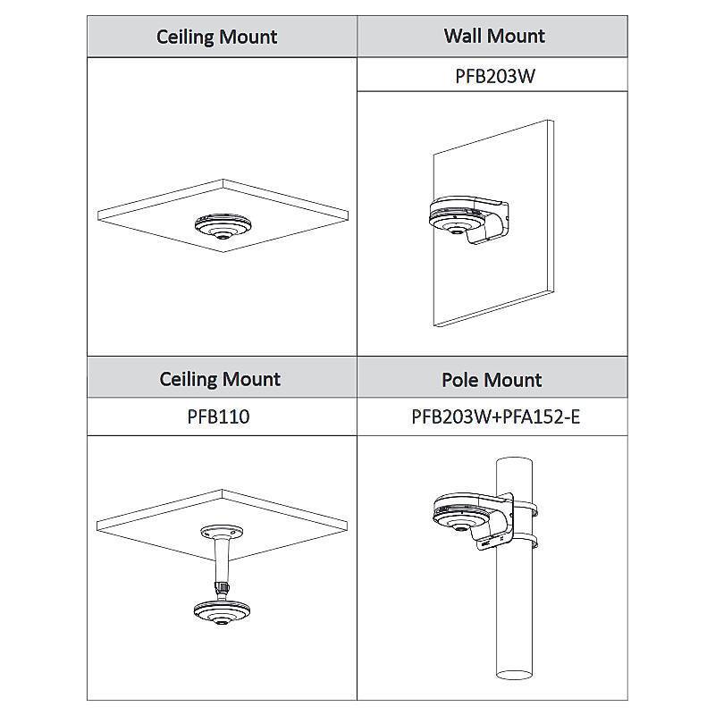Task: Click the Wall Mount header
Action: coord(494,36)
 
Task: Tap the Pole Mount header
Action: coord(492,380)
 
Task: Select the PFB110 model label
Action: coord(218,416)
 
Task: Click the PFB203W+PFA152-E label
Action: coord(496,416)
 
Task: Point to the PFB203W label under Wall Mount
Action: coord(495,76)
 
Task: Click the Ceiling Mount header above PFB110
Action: coord(220,379)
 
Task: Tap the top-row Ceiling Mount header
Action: coord(216,37)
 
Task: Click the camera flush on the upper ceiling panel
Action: coord(223,227)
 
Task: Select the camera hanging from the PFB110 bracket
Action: coord(222,612)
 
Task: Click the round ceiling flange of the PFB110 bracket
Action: coord(222,532)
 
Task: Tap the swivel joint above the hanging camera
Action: coord(222,587)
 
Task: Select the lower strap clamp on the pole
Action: coord(525,542)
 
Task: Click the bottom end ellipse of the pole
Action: coord(514,675)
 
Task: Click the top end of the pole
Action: coord(514,461)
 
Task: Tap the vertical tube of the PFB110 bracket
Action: coord(222,560)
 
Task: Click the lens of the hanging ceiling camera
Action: coord(222,621)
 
